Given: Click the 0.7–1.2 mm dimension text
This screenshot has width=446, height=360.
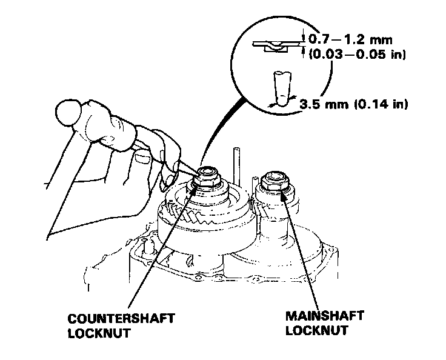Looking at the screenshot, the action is [x=351, y=40].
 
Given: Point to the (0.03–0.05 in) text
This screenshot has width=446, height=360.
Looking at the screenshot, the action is [x=357, y=55].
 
